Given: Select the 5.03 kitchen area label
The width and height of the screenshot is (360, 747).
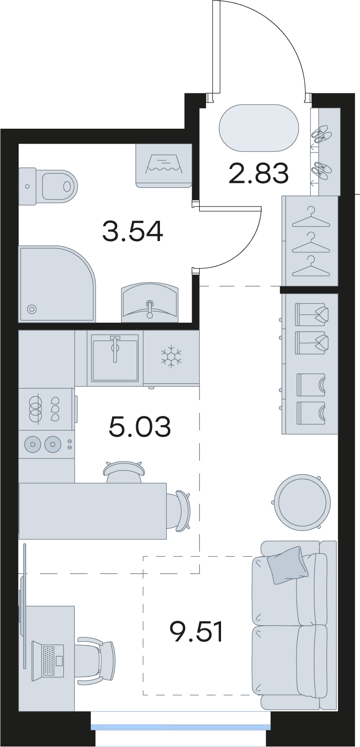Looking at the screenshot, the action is (139, 427).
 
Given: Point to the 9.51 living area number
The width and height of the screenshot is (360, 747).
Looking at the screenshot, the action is (196, 632).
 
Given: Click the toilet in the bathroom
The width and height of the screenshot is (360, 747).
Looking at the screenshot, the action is (48, 186).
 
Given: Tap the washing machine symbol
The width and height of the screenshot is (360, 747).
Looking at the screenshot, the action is (164, 163).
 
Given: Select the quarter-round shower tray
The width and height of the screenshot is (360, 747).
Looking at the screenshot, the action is (57, 284).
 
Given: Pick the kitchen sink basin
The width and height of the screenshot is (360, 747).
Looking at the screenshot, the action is (115, 358).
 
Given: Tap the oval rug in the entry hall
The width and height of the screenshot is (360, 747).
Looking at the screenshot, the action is (258, 128).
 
